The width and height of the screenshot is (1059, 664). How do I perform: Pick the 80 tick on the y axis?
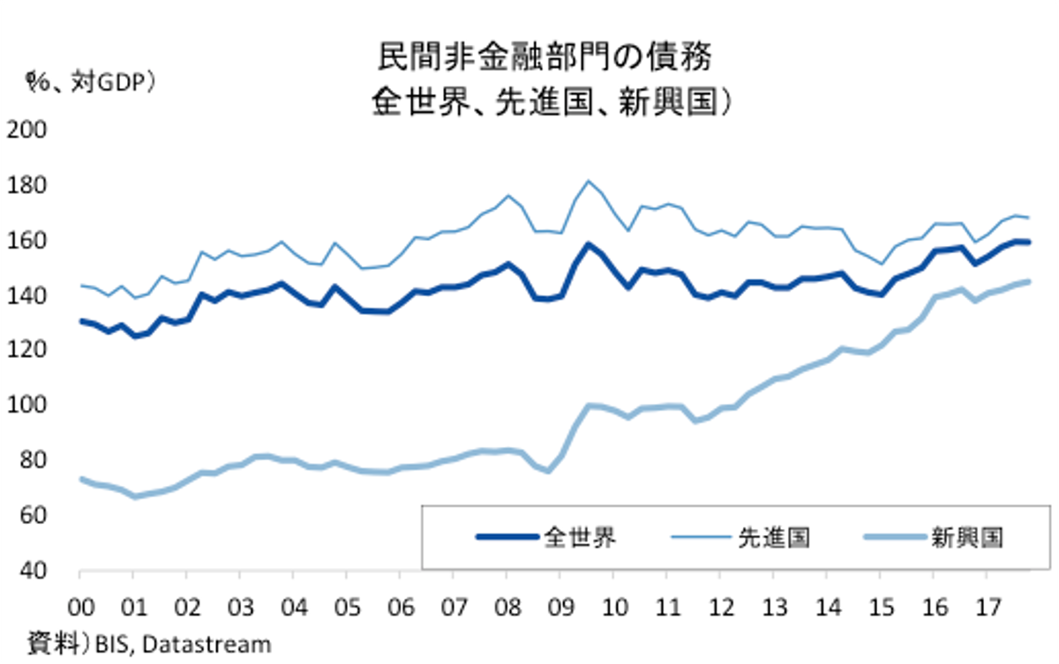pyautogui.click(x=31, y=460)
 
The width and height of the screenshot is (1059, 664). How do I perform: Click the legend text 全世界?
pyautogui.click(x=580, y=536)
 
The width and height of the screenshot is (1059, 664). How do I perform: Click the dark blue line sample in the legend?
pyautogui.click(x=506, y=536)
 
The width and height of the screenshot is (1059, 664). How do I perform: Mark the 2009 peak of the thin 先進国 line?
pyautogui.click(x=589, y=181)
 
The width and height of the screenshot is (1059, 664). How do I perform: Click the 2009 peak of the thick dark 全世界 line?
pyautogui.click(x=589, y=244)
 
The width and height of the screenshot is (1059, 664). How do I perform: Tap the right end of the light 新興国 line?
pyautogui.click(x=1028, y=282)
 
